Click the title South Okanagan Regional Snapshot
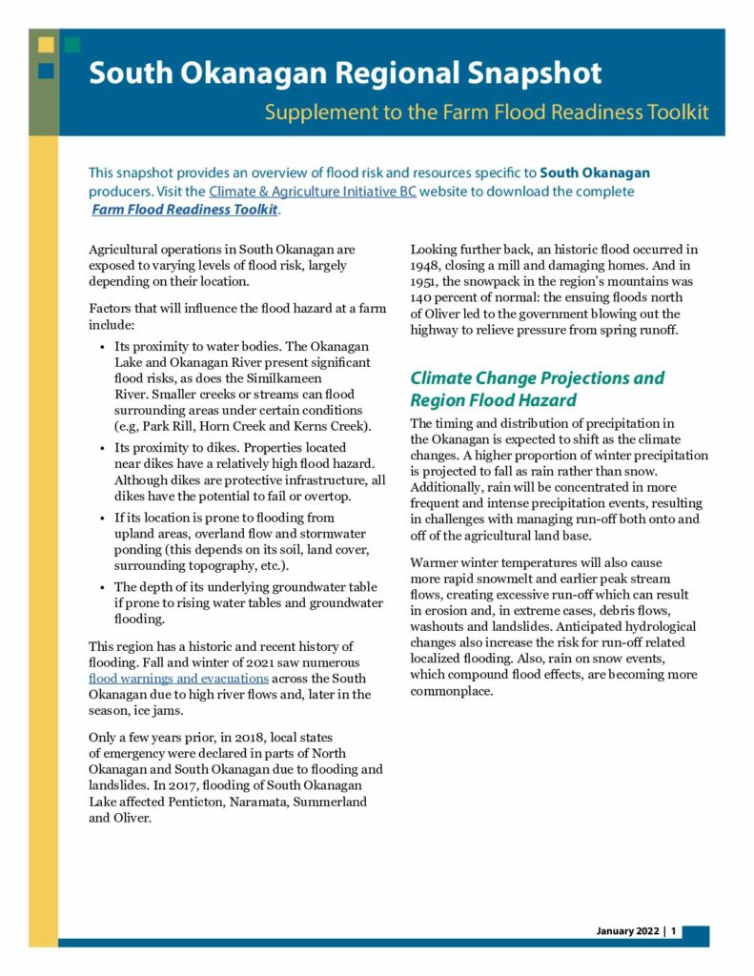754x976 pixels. click(x=345, y=74)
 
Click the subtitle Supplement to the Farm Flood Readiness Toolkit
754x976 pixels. click(x=486, y=112)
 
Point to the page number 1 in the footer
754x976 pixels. click(x=673, y=930)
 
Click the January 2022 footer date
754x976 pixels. click(x=628, y=930)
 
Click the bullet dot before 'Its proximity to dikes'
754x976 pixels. click(x=102, y=448)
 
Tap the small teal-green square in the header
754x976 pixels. click(x=72, y=44)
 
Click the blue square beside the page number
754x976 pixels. click(x=695, y=934)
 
